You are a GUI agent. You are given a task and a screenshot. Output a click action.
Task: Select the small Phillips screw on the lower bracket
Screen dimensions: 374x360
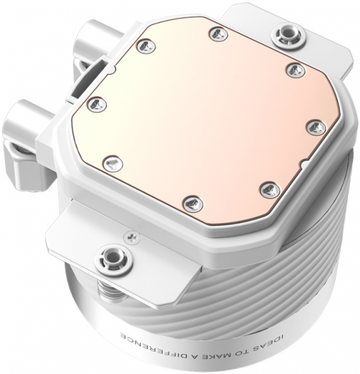(x=130, y=235)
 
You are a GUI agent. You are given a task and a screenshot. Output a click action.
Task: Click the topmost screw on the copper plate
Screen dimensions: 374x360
(x=216, y=34)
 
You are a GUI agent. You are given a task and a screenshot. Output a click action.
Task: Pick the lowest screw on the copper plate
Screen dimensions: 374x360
(x=193, y=203)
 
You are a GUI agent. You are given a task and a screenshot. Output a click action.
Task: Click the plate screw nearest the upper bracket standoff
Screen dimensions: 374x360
(x=295, y=70)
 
